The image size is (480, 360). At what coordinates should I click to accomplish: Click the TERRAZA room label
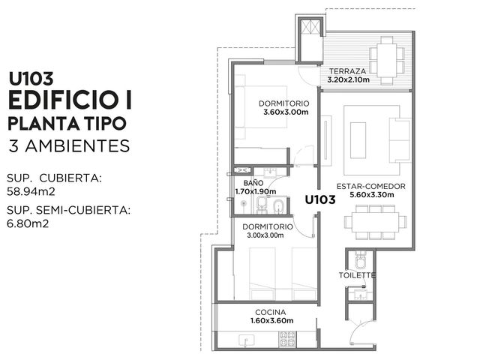[347, 71]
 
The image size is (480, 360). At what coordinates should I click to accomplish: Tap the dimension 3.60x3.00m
[286, 112]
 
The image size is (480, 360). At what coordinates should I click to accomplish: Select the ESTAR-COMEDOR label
[371, 186]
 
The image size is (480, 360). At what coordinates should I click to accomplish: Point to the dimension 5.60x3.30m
[372, 195]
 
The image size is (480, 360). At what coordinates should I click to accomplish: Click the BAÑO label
[253, 183]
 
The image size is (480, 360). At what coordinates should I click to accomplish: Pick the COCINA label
[271, 312]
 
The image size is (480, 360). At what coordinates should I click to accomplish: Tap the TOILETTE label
[357, 275]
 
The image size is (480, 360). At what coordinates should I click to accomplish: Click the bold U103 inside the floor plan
[320, 200]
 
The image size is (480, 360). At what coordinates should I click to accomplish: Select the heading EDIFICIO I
[70, 100]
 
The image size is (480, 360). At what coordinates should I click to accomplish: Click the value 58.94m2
[31, 192]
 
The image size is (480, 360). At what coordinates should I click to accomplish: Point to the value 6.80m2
[28, 223]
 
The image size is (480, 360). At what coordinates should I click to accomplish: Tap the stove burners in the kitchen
[287, 339]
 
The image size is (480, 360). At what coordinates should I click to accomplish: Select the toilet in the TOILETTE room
[360, 259]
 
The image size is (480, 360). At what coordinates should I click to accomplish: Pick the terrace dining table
[387, 61]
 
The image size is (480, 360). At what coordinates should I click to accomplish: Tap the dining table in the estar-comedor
[375, 222]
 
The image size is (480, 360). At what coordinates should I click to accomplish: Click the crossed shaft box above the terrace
[310, 27]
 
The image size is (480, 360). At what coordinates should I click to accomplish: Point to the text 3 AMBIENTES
[70, 146]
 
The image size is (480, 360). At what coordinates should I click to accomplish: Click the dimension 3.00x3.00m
[265, 235]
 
